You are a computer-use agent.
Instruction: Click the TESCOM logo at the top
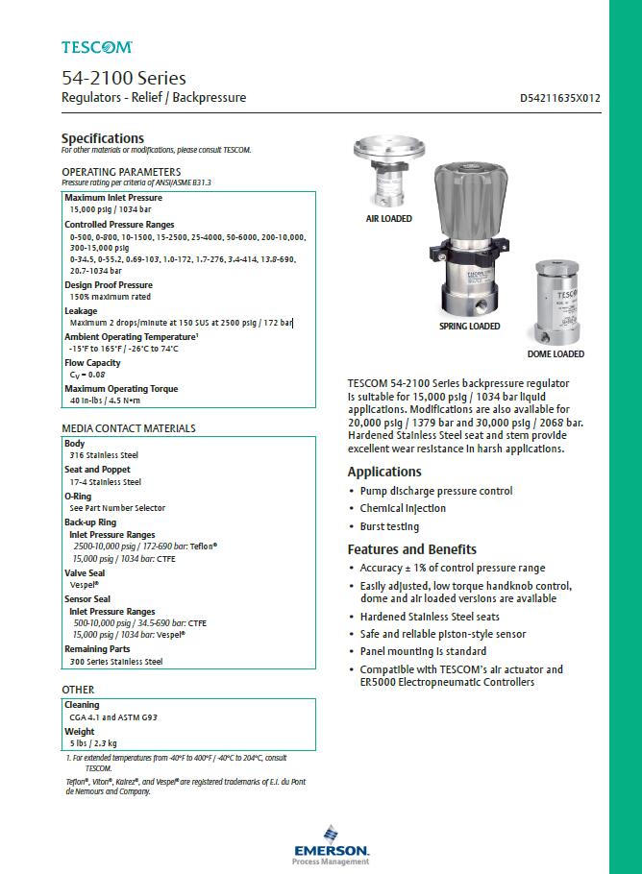(97, 46)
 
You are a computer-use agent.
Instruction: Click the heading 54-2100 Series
(123, 78)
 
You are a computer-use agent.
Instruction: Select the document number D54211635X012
(559, 98)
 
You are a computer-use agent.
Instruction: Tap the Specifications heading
(103, 138)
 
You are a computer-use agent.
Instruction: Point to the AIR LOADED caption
(388, 219)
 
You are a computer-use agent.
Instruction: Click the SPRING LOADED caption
(469, 327)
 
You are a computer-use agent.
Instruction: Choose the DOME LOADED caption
(556, 353)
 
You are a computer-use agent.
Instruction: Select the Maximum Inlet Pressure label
(113, 198)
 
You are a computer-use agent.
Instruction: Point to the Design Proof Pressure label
(109, 285)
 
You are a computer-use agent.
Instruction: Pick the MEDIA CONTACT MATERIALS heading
(129, 428)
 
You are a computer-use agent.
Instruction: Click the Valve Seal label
(85, 572)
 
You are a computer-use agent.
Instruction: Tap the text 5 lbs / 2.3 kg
(93, 743)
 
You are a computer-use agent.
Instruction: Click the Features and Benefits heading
(411, 549)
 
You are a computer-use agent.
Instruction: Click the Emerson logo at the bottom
(332, 846)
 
